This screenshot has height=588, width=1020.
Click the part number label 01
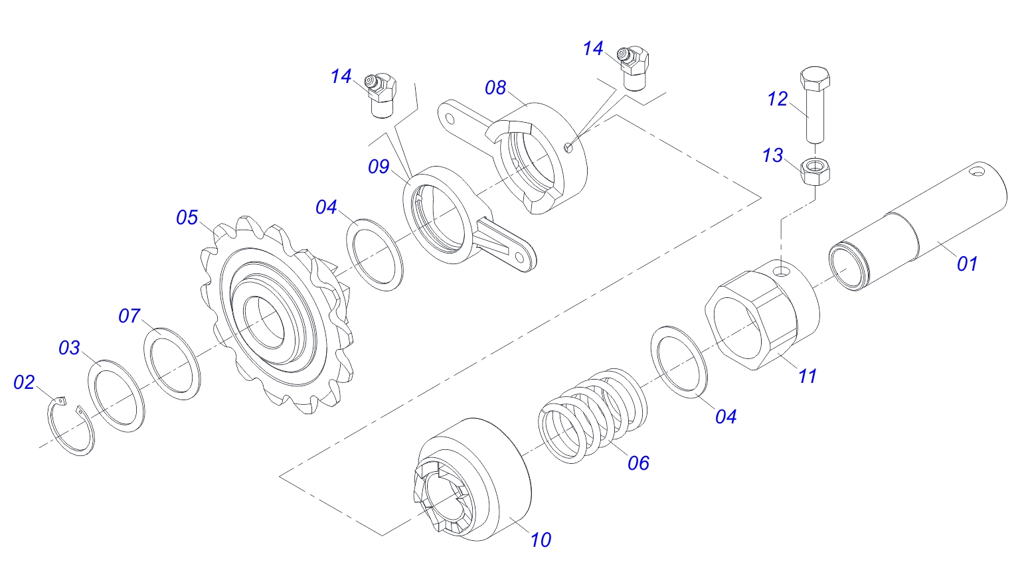(x=967, y=264)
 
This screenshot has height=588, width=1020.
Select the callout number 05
(x=187, y=218)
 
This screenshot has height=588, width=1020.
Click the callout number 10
(x=541, y=540)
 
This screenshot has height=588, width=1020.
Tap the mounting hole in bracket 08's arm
(x=450, y=119)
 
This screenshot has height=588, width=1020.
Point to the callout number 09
(x=379, y=167)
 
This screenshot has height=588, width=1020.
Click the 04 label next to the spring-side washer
(x=726, y=417)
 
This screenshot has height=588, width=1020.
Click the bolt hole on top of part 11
(x=783, y=271)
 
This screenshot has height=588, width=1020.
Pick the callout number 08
(x=495, y=88)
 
